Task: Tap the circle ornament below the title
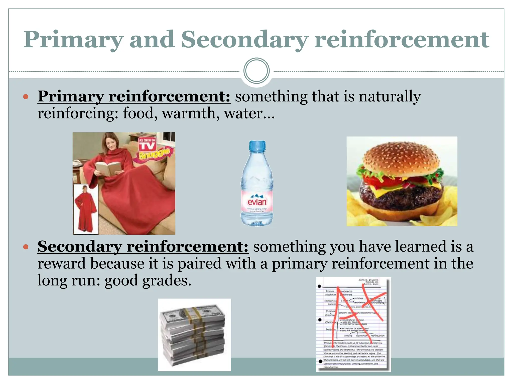pyautogui.click(x=256, y=71)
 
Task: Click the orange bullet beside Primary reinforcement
pyautogui.click(x=26, y=96)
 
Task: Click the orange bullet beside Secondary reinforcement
pyautogui.click(x=26, y=247)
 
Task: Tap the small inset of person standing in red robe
pyautogui.click(x=85, y=209)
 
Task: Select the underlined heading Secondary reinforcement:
pyautogui.click(x=143, y=246)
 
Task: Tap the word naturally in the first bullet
pyautogui.click(x=390, y=96)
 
